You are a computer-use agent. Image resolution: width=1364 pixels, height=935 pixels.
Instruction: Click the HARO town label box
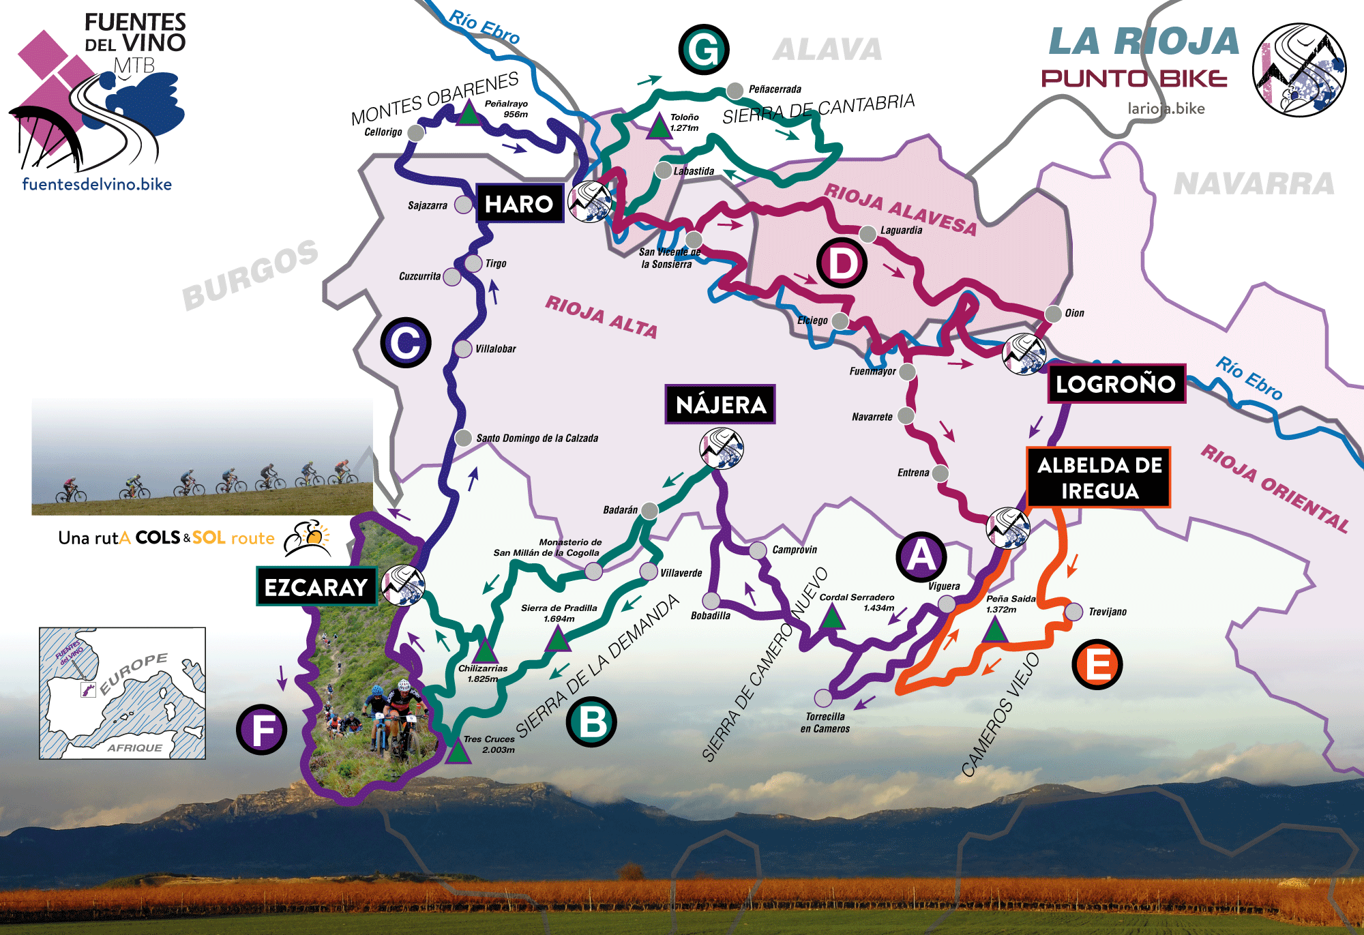pyautogui.click(x=520, y=203)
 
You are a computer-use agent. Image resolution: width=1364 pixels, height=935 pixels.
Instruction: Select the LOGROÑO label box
pyautogui.click(x=1116, y=384)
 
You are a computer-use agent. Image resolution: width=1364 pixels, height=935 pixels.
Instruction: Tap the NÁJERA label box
pyautogui.click(x=720, y=404)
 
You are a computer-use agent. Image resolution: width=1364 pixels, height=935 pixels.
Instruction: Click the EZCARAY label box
pyautogui.click(x=316, y=587)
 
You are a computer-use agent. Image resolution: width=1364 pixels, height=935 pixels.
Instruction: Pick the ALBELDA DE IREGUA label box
pyautogui.click(x=1099, y=477)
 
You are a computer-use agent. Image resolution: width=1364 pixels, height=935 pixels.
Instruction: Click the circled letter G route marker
pyautogui.click(x=704, y=49)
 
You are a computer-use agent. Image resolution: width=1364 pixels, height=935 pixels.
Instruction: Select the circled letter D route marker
pyautogui.click(x=842, y=263)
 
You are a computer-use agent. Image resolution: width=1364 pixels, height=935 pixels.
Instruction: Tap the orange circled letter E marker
pyautogui.click(x=1097, y=664)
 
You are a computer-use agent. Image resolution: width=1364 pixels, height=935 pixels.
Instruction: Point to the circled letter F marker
pyautogui.click(x=262, y=729)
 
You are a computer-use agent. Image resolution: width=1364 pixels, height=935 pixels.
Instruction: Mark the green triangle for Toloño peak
pyautogui.click(x=659, y=127)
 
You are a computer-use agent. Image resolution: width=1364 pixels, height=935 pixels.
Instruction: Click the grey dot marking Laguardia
pyautogui.click(x=868, y=234)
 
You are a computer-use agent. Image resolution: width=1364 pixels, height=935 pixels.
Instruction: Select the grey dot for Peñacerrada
pyautogui.click(x=735, y=90)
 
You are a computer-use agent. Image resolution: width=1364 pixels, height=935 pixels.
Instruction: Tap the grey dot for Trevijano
pyautogui.click(x=1073, y=611)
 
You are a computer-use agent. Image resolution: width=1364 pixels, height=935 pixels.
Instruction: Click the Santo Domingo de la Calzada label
pyautogui.click(x=537, y=438)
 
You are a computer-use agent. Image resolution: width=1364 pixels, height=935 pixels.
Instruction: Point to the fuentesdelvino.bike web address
pyautogui.click(x=97, y=184)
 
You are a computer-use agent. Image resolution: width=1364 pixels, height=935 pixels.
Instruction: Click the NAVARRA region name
pyautogui.click(x=1254, y=183)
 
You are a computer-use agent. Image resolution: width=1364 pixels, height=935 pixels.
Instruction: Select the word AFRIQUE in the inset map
pyautogui.click(x=134, y=747)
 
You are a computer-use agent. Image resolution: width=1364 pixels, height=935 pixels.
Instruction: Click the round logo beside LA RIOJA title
pyautogui.click(x=1299, y=70)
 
